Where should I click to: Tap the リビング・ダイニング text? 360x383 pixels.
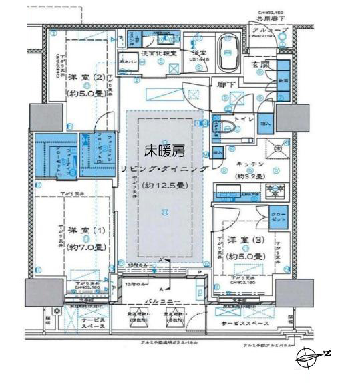[x=164, y=169]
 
